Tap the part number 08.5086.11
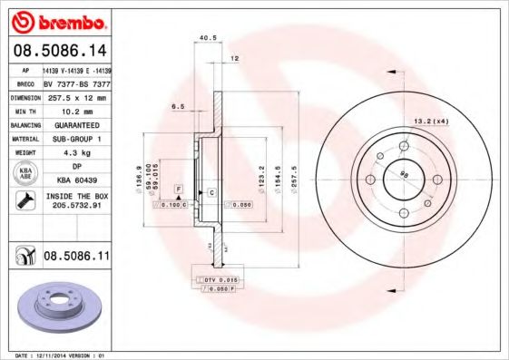click(76, 258)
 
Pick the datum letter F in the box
click(179, 187)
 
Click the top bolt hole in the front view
click(403, 146)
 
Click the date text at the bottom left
click(54, 355)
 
